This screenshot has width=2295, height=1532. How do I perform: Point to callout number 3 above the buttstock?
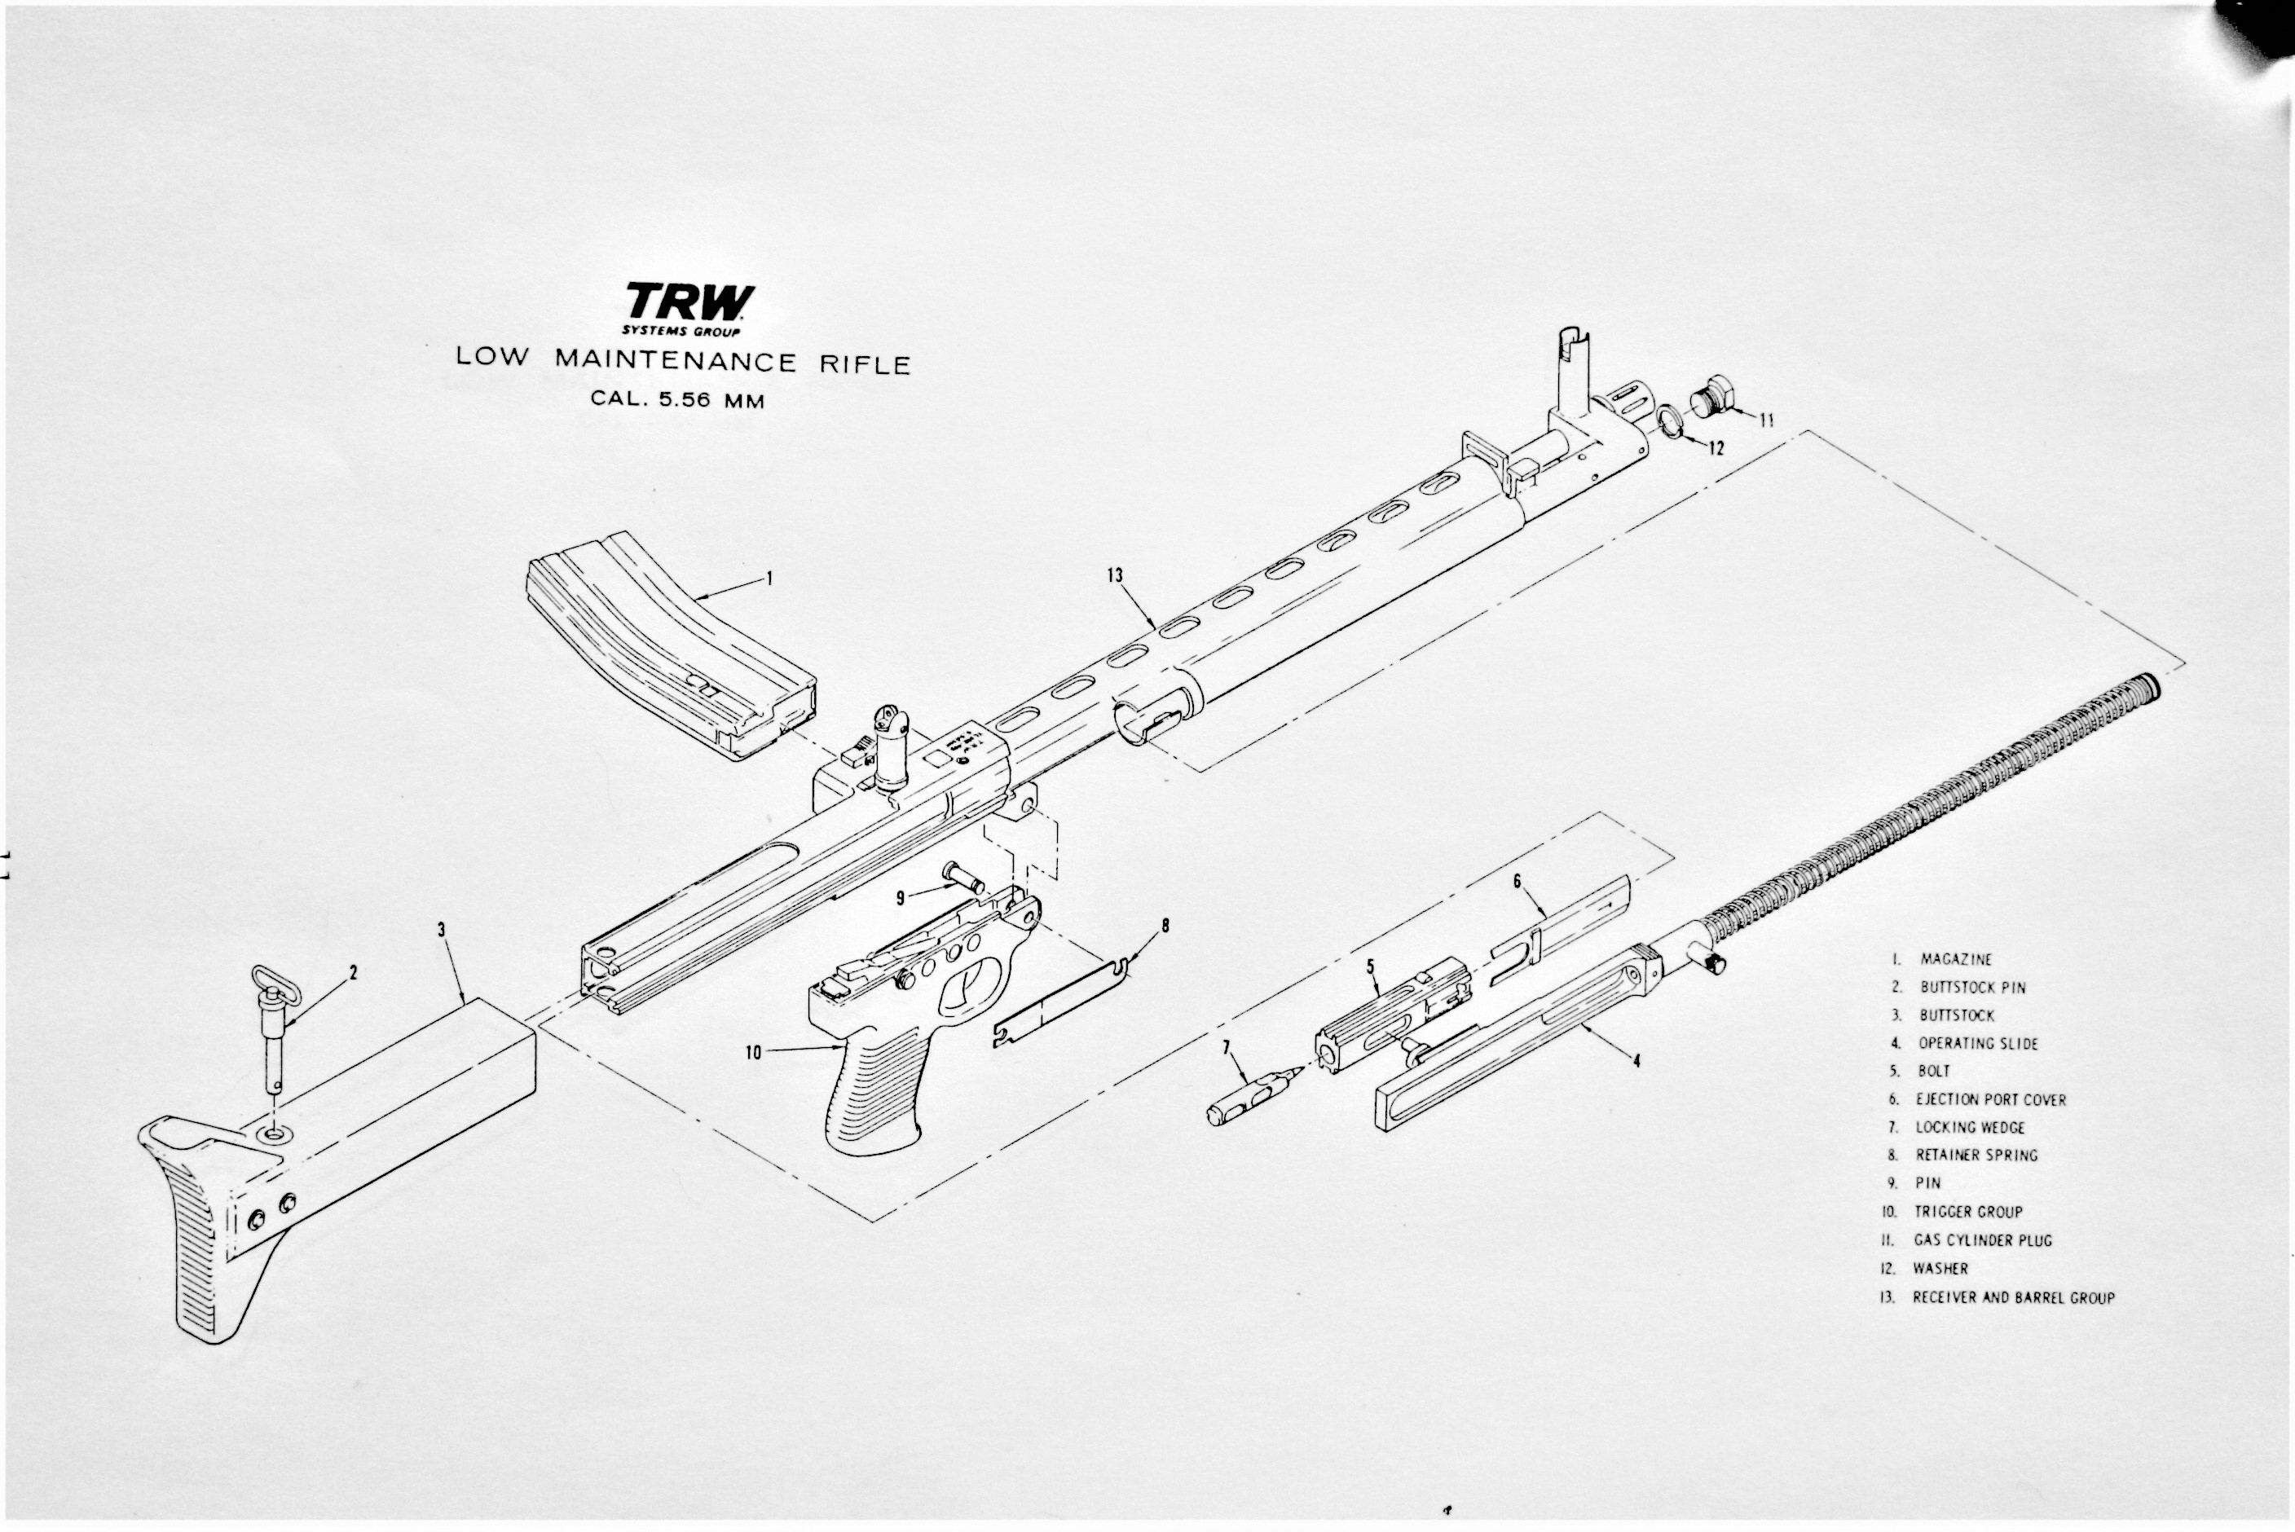[442, 930]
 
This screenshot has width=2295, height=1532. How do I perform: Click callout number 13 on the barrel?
[1115, 575]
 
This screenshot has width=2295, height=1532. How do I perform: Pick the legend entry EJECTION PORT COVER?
[1990, 1100]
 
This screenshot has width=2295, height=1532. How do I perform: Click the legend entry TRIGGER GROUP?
[1967, 1213]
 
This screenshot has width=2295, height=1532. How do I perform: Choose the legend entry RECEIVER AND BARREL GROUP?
[2013, 1298]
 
